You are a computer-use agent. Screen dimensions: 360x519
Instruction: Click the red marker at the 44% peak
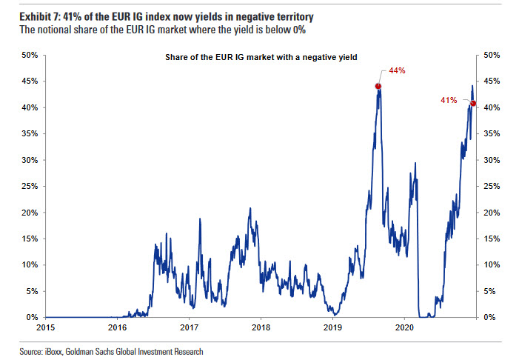coord(378,86)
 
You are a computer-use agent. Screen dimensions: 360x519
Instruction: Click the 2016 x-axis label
coord(117,327)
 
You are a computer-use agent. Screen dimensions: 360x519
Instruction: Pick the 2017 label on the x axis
coord(189,327)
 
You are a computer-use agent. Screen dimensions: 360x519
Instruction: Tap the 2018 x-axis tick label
coord(261,327)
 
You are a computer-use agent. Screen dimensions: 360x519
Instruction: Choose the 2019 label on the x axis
coord(333,327)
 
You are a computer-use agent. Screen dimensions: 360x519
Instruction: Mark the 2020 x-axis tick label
coord(405,327)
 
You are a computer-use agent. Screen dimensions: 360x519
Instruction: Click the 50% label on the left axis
coord(29,55)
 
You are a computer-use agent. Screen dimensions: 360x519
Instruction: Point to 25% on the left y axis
coord(29,186)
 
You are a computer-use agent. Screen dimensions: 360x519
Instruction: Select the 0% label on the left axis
coord(32,317)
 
